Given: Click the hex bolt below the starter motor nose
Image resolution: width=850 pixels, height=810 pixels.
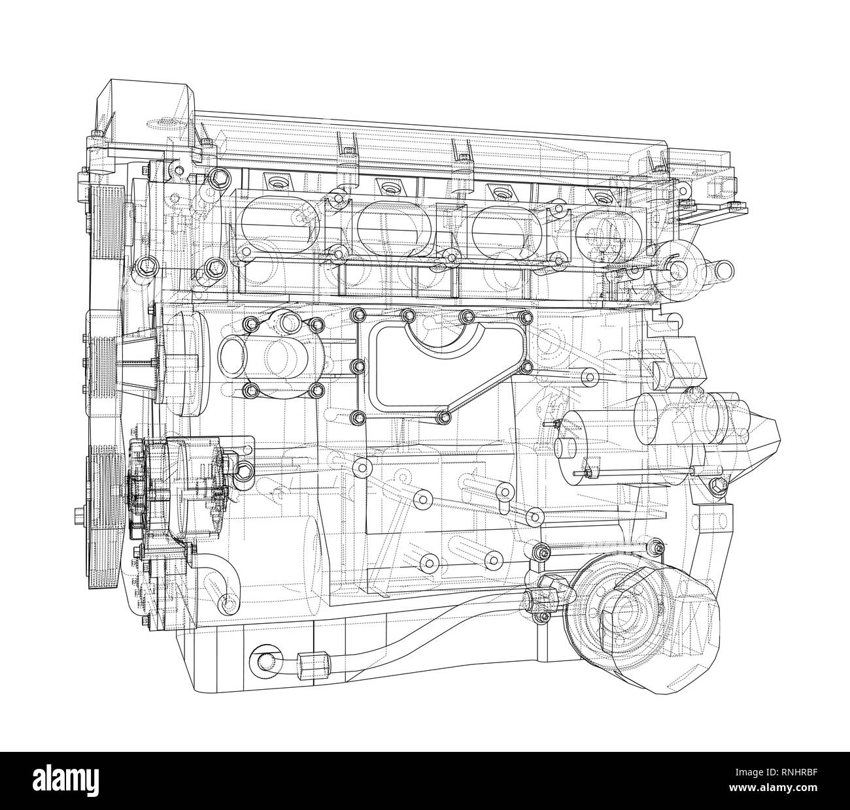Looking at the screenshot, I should [717, 484].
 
